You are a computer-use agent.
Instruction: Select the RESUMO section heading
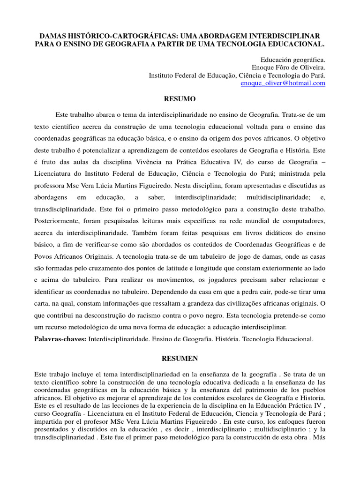pos(180,99)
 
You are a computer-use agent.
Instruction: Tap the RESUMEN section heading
pos(180,359)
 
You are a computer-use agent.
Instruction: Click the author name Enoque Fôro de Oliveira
pos(289,67)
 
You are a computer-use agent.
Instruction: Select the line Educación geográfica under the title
pos(292,60)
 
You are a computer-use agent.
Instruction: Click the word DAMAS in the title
pos(53,36)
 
